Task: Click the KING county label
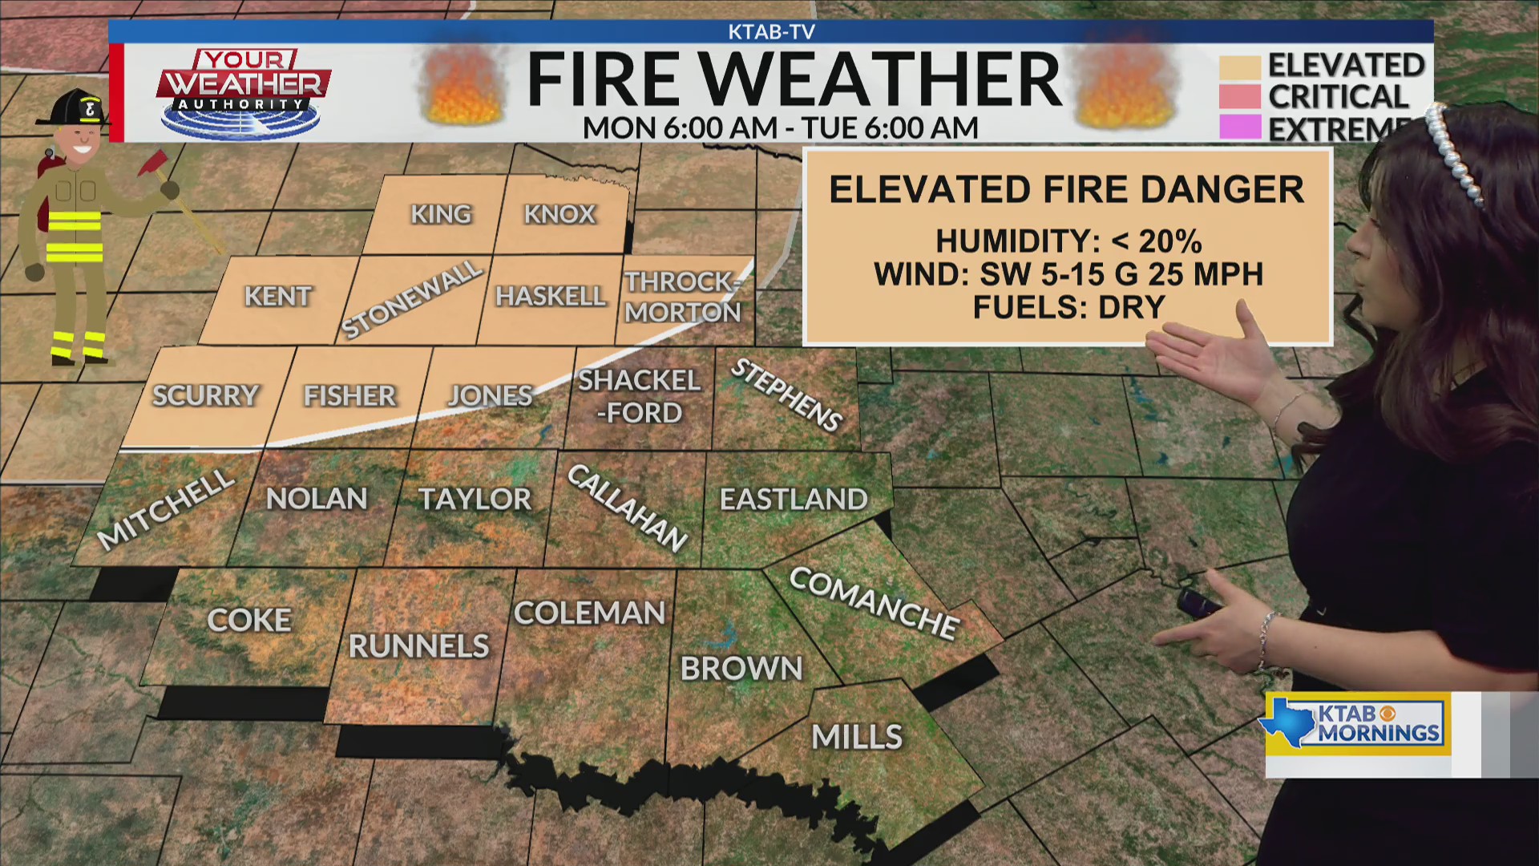coord(441,214)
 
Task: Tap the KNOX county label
coord(559,214)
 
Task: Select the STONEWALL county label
coord(412,299)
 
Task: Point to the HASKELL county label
coord(551,297)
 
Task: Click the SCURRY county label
coord(205,395)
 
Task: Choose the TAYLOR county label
coord(475,500)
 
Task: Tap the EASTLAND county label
coord(794,500)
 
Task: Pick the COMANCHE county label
coord(874,603)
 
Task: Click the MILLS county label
coord(857,737)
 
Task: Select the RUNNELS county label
coord(418,646)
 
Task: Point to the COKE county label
coord(249,620)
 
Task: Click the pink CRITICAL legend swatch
coord(1239,97)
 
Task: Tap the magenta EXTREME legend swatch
coord(1239,127)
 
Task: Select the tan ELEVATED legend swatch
coord(1239,67)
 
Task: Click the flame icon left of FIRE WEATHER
coord(463,86)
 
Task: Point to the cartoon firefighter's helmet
coord(73,107)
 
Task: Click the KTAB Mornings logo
coord(1358,724)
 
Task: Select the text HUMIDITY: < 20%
coord(1068,241)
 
